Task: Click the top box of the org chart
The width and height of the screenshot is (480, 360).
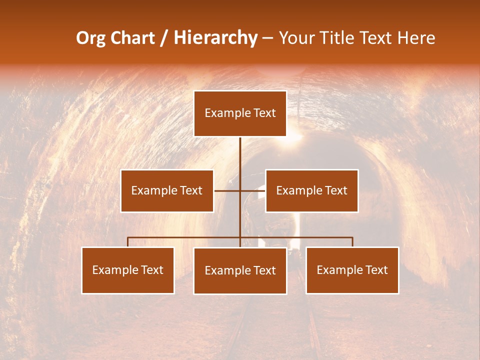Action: pyautogui.click(x=240, y=113)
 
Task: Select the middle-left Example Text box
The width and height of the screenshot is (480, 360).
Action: pyautogui.click(x=167, y=190)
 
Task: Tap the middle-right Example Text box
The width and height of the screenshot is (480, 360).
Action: pyautogui.click(x=311, y=190)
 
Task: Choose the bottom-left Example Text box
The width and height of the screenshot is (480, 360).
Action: pyautogui.click(x=128, y=270)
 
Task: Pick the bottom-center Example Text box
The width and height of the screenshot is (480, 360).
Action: pyautogui.click(x=240, y=270)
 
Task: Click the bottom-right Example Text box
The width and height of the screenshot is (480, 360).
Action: pyautogui.click(x=352, y=270)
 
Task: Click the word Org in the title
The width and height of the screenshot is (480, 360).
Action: pyautogui.click(x=90, y=38)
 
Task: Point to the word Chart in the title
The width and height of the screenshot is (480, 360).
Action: pyautogui.click(x=132, y=38)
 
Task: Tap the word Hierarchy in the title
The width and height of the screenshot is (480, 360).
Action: pyautogui.click(x=215, y=38)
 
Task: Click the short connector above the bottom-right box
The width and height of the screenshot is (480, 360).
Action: pyautogui.click(x=352, y=242)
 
